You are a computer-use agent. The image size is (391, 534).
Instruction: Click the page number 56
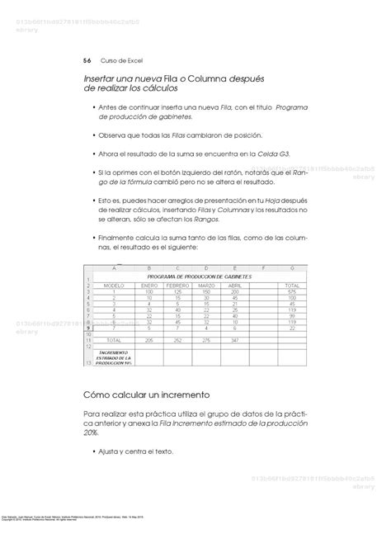[x=87, y=60]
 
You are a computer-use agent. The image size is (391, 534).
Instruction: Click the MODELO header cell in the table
[x=112, y=285]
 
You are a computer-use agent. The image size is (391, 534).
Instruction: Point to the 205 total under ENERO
[x=148, y=340]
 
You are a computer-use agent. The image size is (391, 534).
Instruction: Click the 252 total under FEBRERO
[x=176, y=340]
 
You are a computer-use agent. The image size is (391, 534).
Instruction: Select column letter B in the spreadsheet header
[x=148, y=267]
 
